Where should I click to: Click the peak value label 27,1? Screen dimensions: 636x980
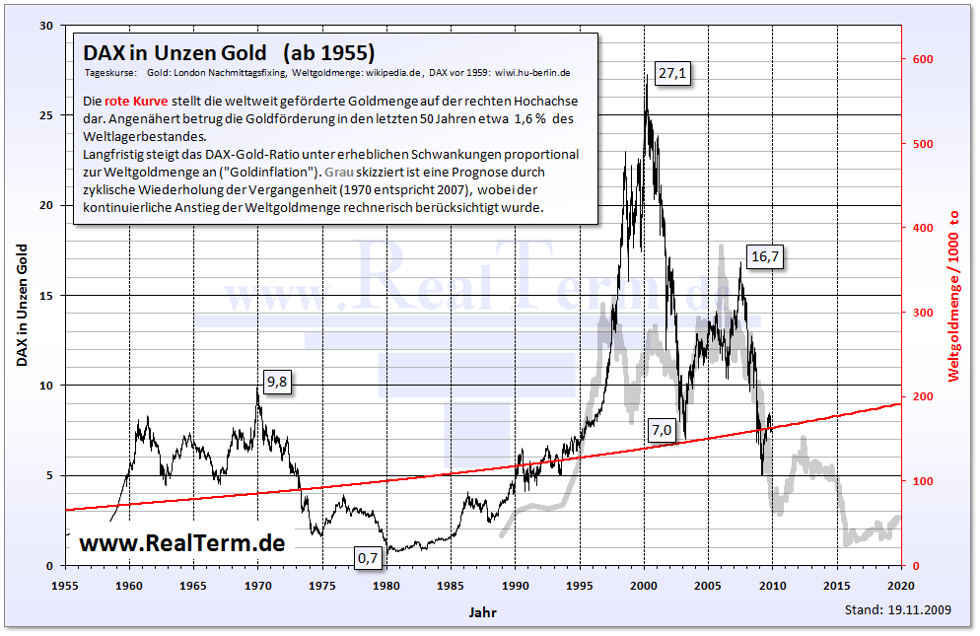673,72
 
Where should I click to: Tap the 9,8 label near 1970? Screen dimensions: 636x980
277,384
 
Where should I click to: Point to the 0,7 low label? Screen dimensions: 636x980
368,558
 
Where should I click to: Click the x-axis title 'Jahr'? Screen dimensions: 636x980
483,611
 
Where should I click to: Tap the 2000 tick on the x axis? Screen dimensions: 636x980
644,584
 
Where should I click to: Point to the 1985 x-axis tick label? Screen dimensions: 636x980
451,584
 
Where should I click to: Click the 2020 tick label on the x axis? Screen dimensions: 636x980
901,584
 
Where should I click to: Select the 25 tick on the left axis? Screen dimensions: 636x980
44,115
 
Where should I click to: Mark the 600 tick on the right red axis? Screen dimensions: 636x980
922,60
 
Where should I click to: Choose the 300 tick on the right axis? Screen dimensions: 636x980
922,313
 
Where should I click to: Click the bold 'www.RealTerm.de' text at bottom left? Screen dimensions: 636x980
181,542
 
